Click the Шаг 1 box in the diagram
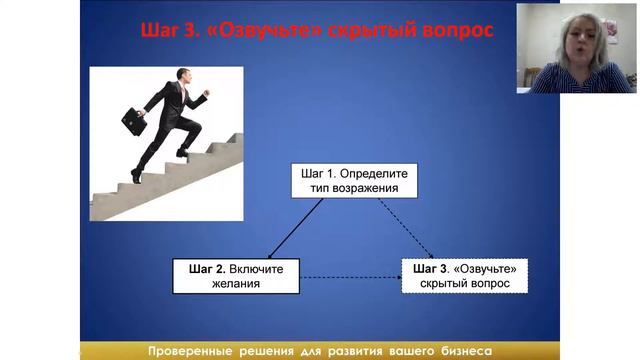(x=350, y=179)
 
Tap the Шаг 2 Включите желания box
(x=236, y=276)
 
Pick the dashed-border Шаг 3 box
(x=465, y=276)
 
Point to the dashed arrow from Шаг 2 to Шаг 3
(x=350, y=277)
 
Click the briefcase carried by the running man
(x=134, y=121)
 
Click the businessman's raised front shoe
(x=183, y=151)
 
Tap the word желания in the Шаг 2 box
(x=236, y=284)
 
